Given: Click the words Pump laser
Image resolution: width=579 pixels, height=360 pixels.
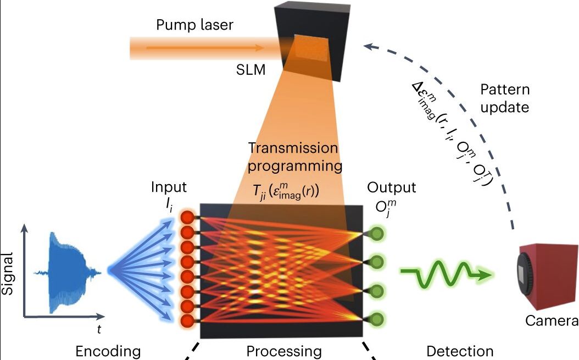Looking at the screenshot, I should tap(194, 25).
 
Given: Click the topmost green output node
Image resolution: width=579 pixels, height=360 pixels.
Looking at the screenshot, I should tap(377, 233).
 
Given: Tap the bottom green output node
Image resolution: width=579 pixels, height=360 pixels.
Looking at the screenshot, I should tap(377, 318).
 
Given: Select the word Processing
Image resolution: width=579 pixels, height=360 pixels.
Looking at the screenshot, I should tap(283, 351).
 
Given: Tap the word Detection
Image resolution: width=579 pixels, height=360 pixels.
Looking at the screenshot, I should tap(460, 351).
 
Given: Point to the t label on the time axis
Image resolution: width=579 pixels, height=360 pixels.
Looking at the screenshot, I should tap(99, 329).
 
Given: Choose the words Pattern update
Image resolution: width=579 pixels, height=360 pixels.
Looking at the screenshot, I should tap(505, 98).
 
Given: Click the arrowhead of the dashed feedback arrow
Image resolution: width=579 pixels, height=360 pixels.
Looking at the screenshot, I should tap(369, 47).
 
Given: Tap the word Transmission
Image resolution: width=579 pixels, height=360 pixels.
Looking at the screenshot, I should tap(293, 148).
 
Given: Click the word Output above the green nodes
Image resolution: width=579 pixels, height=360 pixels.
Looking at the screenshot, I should tap(392, 187).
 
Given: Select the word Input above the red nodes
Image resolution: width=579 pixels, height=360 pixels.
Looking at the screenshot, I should tap(169, 187).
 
